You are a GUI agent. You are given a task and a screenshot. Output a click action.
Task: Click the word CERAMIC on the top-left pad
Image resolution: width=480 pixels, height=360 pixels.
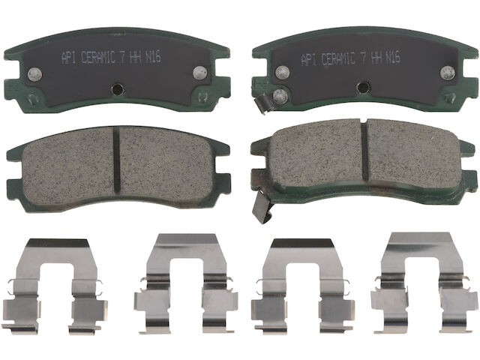98,57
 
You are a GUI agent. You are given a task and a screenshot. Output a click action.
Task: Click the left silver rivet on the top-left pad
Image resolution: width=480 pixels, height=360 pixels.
33,73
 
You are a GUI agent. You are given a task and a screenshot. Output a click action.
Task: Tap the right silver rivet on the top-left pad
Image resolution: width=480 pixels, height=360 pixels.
200,72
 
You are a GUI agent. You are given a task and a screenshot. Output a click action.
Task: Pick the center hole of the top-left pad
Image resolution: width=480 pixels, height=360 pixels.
117,88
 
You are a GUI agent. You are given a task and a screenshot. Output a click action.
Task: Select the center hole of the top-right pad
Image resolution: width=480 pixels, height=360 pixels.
363,88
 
